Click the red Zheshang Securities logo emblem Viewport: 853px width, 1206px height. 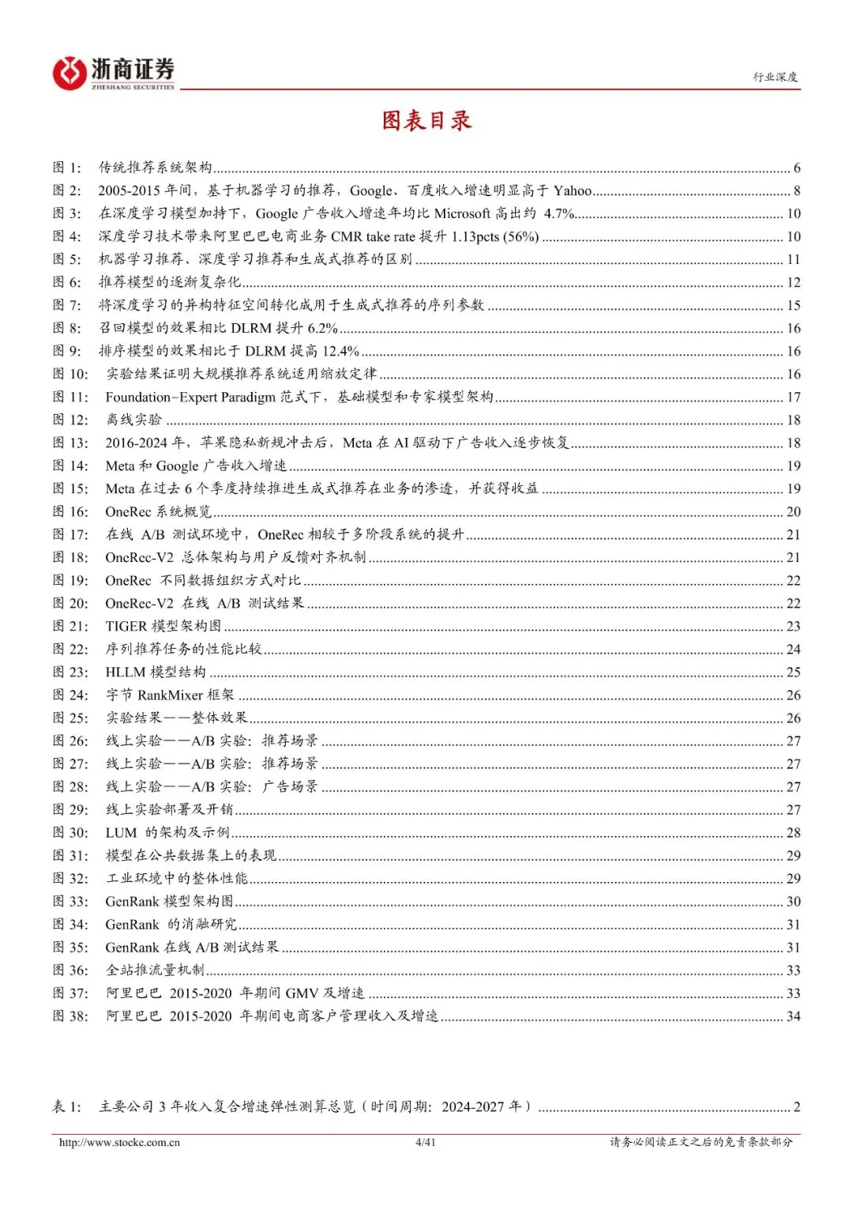tap(70, 73)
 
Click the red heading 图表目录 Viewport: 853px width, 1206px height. tap(426, 120)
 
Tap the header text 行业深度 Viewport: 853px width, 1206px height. tap(775, 77)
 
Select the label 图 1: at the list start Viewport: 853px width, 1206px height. tap(67, 168)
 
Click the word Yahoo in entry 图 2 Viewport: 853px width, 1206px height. tap(573, 190)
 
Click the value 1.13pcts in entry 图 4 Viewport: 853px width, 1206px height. tap(474, 236)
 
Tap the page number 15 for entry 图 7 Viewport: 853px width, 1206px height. tap(793, 305)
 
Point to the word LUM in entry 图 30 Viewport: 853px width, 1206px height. tap(121, 832)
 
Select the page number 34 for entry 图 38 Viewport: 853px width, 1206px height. tap(793, 1016)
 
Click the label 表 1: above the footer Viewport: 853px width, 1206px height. tap(67, 1106)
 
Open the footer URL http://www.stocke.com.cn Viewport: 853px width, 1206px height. tap(119, 1142)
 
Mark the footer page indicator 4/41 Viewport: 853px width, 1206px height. tap(425, 1142)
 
